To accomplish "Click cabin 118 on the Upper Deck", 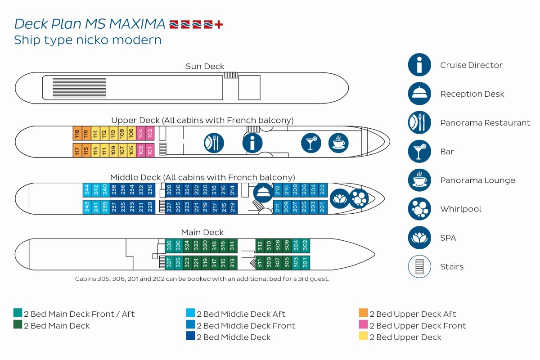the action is (x=77, y=133).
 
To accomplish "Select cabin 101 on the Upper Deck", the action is (x=150, y=150).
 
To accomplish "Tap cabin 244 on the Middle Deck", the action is (x=87, y=190).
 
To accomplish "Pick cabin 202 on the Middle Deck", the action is (x=323, y=190).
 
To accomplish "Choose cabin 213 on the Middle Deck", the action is (x=233, y=207).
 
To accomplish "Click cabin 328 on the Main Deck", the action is (x=169, y=246).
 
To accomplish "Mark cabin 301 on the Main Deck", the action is (x=305, y=263).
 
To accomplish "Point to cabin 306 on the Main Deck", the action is (x=287, y=246).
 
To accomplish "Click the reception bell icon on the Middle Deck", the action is (x=263, y=193).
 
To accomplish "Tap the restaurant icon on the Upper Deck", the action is (x=214, y=143).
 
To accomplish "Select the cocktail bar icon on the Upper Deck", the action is (x=311, y=143).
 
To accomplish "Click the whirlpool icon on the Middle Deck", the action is (x=359, y=199).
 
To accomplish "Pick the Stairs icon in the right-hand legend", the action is (x=419, y=266).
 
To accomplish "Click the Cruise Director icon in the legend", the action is (x=419, y=65).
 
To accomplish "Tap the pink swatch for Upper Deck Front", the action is (x=363, y=324).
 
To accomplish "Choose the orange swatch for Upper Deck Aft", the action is (x=363, y=313).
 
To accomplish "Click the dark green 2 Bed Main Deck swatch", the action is (x=18, y=324).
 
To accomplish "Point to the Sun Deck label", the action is (x=205, y=66).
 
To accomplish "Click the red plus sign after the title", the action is (x=219, y=25).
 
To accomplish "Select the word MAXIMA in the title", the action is (x=137, y=24).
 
